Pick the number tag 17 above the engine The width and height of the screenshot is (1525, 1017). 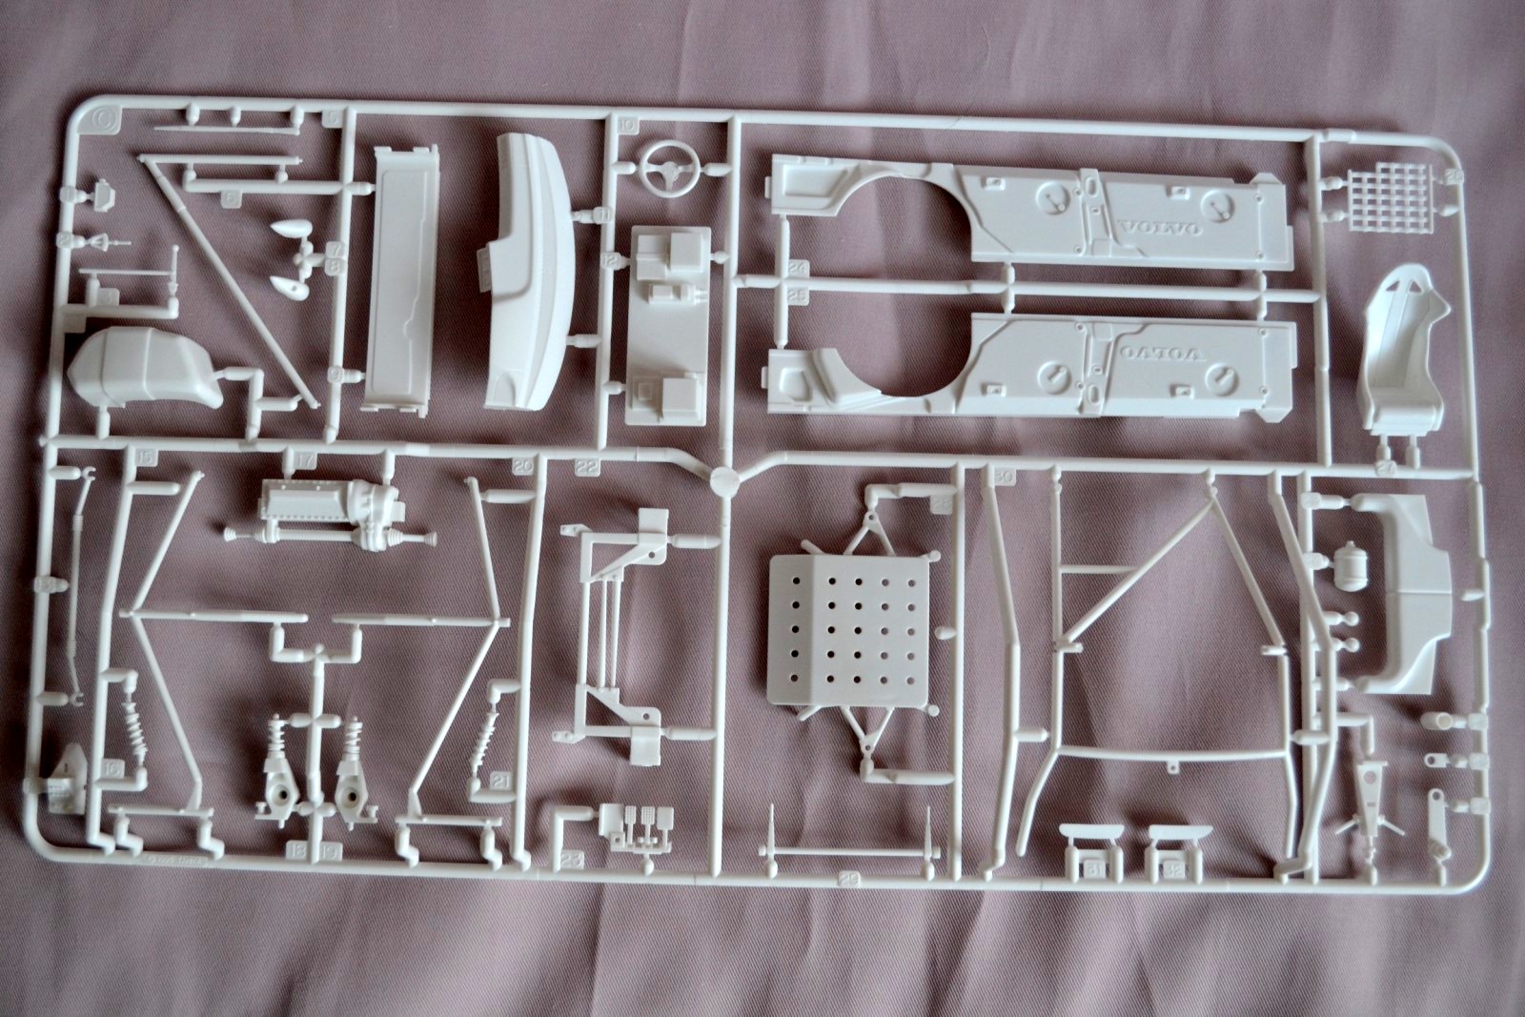(305, 460)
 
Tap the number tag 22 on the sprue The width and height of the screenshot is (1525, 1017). (587, 466)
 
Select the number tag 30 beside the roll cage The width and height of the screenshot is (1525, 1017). (1004, 476)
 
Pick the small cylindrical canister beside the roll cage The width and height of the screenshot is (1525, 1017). (1352, 565)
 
